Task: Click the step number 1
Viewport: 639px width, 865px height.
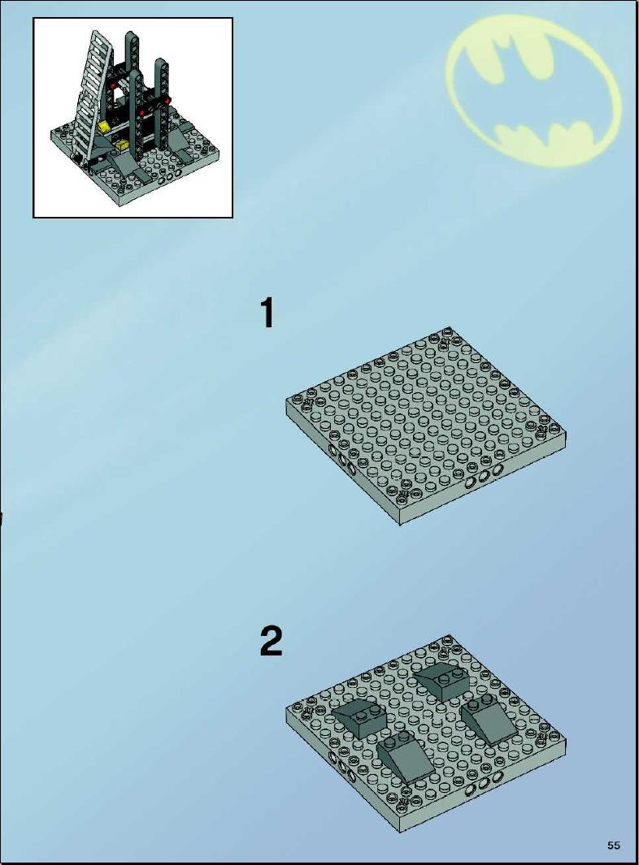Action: tap(267, 313)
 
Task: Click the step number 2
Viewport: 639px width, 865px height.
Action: tap(271, 641)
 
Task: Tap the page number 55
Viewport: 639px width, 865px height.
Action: tap(613, 845)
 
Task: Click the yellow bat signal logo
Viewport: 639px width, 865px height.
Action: tap(533, 92)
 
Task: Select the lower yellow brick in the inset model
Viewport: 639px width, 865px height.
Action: tap(121, 145)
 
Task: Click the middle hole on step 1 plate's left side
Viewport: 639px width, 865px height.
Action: tap(341, 460)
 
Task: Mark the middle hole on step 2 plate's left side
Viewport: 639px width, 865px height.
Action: tap(341, 768)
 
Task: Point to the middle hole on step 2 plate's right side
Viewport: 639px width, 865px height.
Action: tap(484, 784)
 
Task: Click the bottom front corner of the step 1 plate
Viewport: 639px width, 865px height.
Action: tap(399, 524)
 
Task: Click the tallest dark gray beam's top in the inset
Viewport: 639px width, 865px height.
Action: tap(132, 36)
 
